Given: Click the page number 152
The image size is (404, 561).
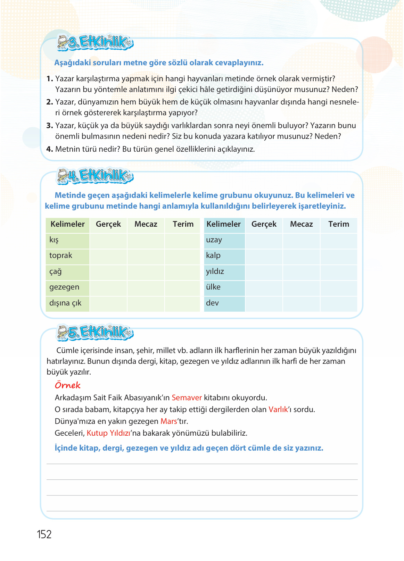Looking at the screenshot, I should point(44,534).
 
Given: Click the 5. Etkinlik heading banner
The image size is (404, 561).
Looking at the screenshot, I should point(95,332).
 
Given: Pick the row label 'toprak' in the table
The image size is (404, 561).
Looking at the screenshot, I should point(61,256).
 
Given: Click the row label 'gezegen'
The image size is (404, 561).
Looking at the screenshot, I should point(64,287).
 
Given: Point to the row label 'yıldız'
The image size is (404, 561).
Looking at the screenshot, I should point(215,271).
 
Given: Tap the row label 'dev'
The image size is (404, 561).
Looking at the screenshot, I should point(212,303).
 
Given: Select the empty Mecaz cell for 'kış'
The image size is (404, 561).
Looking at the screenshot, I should point(146,240).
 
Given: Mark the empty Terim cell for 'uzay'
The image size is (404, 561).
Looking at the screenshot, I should point(339,240).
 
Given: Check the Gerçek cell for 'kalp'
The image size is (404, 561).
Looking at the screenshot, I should point(264,256).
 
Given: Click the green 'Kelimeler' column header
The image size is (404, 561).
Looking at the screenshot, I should point(68,224).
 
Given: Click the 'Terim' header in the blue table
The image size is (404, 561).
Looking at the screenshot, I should point(339,224).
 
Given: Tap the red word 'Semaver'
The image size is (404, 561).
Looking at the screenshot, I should point(187,398).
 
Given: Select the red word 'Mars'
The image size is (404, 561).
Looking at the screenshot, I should point(169,421).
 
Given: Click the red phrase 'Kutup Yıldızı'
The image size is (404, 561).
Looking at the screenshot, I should point(108,433).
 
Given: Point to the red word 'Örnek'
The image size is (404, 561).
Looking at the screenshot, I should point(68,385).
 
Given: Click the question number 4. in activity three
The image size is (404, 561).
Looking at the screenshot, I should point(49,149).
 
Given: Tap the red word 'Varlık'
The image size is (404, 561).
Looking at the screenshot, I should point(278,410).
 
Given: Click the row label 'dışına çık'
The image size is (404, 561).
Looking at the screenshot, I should point(65,303).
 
